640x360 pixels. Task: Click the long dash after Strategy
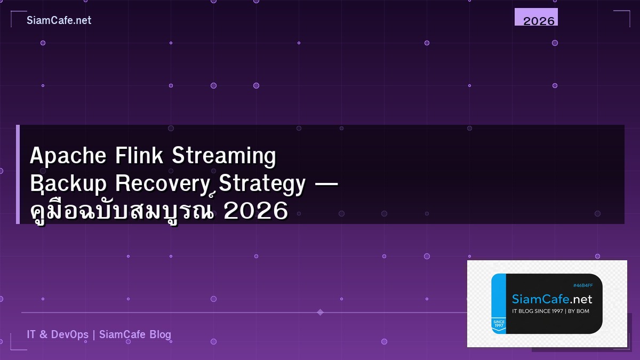pos(326,183)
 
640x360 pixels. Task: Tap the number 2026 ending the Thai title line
pos(256,211)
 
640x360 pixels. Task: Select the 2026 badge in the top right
pos(537,17)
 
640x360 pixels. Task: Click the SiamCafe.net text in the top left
pos(59,20)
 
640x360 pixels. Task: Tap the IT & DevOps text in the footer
pos(58,334)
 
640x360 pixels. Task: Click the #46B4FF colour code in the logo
pos(583,286)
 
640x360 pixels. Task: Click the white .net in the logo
pos(580,299)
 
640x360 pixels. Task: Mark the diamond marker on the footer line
pos(320,312)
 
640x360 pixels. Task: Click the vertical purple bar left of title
pos(18,174)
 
